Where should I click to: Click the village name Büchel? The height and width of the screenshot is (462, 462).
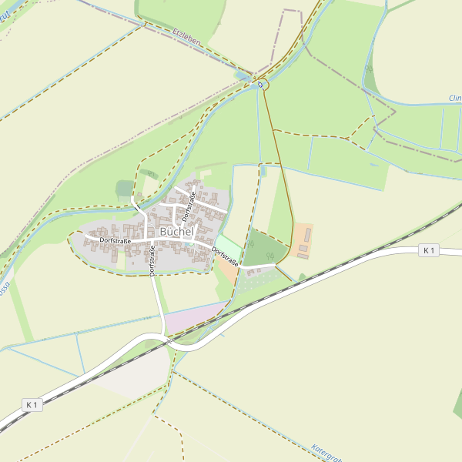178,232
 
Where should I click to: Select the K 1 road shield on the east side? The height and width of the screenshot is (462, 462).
429,250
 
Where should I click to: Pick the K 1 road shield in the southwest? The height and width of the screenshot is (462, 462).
32,404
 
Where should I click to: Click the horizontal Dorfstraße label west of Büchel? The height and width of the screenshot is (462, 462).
115,241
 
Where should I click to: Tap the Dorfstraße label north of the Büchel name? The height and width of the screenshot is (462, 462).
188,208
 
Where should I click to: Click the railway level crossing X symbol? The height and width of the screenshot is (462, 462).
168,336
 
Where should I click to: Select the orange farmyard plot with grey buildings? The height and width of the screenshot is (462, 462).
303,241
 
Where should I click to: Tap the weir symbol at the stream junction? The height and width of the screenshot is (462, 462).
260,83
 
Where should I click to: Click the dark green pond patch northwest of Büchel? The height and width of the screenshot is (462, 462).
124,189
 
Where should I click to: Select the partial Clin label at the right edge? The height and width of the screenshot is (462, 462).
454,99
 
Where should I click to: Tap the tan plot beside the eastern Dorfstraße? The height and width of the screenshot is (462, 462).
227,269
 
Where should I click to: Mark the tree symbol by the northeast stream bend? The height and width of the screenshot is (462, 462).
369,69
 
